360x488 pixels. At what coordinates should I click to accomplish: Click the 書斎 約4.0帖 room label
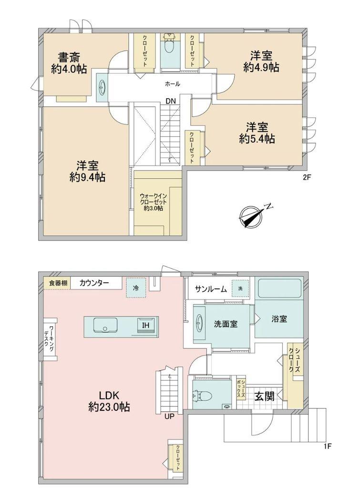click(x=69, y=63)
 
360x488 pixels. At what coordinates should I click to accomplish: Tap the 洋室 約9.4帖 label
click(x=88, y=171)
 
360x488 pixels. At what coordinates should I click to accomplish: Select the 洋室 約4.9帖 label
click(x=261, y=61)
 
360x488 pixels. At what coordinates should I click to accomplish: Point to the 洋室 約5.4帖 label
click(x=257, y=133)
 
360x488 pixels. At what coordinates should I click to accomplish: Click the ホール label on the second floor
click(x=172, y=84)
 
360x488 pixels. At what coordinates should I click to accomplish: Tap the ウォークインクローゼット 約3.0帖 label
click(x=154, y=202)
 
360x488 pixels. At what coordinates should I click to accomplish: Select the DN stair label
click(x=171, y=101)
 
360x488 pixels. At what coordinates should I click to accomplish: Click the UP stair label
click(x=169, y=417)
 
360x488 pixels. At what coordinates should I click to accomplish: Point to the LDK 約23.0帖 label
click(x=109, y=401)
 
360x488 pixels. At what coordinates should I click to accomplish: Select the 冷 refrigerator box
click(x=136, y=288)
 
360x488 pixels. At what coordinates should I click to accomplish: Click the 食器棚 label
click(x=58, y=284)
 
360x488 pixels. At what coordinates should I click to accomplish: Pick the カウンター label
click(x=94, y=283)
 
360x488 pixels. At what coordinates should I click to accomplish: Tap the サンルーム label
click(x=211, y=289)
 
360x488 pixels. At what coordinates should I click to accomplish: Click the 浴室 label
click(x=279, y=319)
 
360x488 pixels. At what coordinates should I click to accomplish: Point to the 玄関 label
click(x=264, y=396)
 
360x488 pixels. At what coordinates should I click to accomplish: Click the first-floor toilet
click(x=203, y=396)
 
